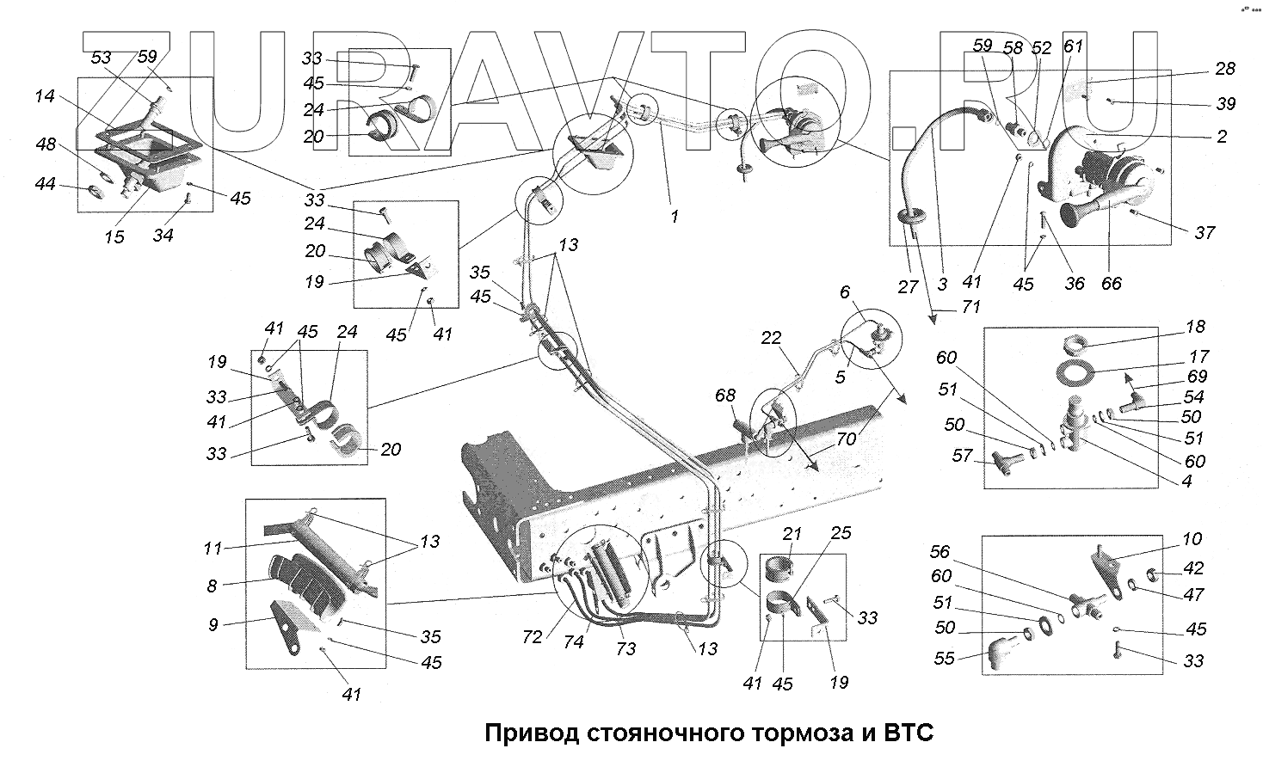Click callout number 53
click(x=102, y=58)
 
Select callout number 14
click(x=45, y=96)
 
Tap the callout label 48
click(x=46, y=144)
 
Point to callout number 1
click(x=675, y=217)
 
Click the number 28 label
click(x=1224, y=69)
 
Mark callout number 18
click(x=1195, y=327)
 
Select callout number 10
click(x=1192, y=539)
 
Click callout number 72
click(x=533, y=637)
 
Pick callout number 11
click(x=213, y=549)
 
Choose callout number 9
click(x=213, y=625)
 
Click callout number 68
click(x=726, y=396)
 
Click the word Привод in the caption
click(x=530, y=734)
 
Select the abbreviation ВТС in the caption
click(x=902, y=734)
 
